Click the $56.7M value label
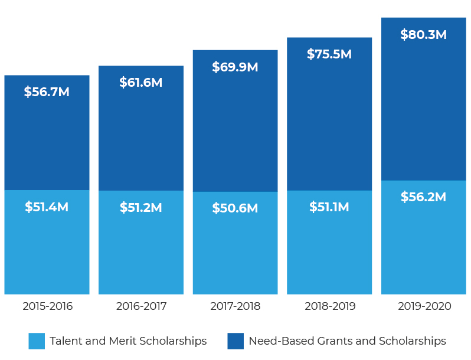tap(47, 92)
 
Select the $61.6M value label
tap(140, 83)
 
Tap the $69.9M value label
tap(235, 67)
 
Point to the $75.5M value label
tap(329, 54)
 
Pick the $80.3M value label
tap(423, 35)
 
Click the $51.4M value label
tap(47, 207)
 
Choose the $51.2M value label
tap(140, 208)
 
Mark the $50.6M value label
tap(235, 208)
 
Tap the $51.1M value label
tap(329, 207)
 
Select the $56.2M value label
tap(423, 197)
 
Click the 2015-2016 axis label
tap(47, 306)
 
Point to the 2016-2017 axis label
tap(141, 306)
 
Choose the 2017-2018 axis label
tap(235, 306)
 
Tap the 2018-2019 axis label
tap(329, 306)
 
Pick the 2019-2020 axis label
tap(424, 306)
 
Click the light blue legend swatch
tap(37, 341)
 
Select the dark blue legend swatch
tap(235, 341)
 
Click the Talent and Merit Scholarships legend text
tap(128, 341)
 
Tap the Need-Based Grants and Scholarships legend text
tap(347, 341)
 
